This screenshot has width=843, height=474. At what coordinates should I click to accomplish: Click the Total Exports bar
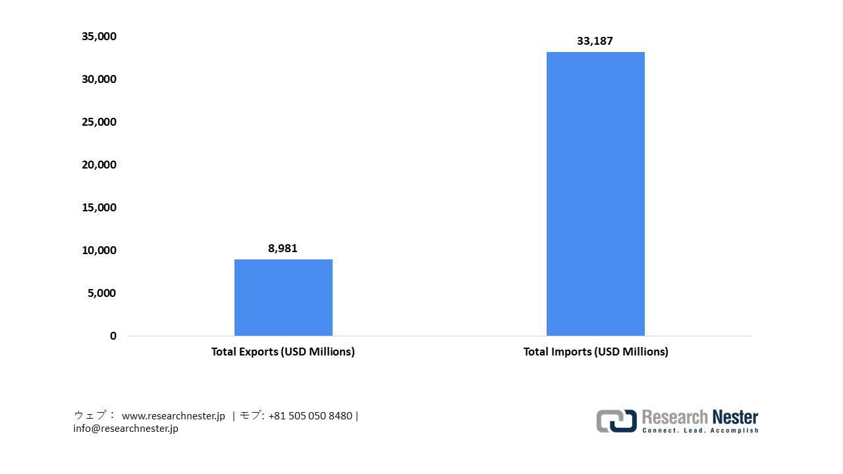(283, 298)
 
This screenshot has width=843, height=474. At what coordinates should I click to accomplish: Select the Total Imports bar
(595, 194)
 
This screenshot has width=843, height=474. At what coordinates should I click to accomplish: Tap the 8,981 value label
(283, 248)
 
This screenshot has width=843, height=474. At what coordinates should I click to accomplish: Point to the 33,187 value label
(595, 41)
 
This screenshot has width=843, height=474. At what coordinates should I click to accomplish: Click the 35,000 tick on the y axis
(99, 37)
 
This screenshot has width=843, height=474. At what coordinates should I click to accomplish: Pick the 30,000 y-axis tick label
(99, 80)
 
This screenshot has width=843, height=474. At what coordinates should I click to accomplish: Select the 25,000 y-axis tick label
(99, 122)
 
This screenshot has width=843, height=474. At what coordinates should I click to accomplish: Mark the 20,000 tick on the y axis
(99, 165)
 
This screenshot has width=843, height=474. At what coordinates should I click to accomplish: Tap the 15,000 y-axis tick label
(99, 208)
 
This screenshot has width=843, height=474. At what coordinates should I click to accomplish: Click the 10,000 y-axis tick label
(99, 251)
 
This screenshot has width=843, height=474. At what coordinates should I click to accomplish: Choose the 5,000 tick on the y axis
(101, 294)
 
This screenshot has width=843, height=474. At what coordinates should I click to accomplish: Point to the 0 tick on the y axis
(113, 336)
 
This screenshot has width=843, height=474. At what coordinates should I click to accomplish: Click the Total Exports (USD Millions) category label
(283, 352)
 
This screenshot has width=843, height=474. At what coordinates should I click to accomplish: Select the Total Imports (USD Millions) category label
(595, 352)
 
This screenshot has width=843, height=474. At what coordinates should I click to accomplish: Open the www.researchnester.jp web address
(174, 416)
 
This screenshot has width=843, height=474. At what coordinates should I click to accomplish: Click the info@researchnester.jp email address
(126, 429)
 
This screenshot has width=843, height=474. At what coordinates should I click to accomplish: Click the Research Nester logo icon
(616, 421)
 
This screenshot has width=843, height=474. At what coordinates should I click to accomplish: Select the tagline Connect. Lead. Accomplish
(700, 431)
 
